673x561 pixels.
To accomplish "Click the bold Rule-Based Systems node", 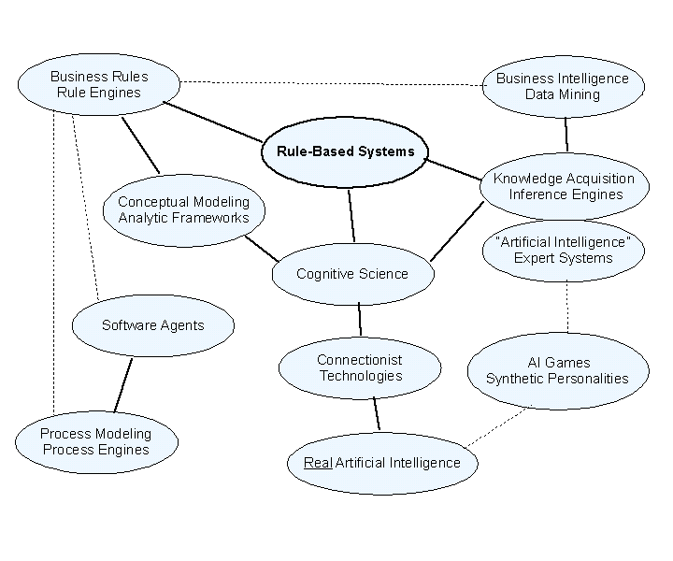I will pyautogui.click(x=345, y=151).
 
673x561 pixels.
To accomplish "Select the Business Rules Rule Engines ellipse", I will pyautogui.click(x=99, y=84).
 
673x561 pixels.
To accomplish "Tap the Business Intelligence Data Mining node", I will pyautogui.click(x=562, y=86).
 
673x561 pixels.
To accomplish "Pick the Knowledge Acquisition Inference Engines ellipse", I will pyautogui.click(x=564, y=186).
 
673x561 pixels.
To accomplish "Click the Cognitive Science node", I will pyautogui.click(x=352, y=274).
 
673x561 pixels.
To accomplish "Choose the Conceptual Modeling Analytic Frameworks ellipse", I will pyautogui.click(x=183, y=209).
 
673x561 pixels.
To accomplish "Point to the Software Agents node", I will pyautogui.click(x=152, y=325).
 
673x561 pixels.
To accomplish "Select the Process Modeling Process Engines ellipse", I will pyautogui.click(x=96, y=441).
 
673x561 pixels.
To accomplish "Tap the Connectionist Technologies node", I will pyautogui.click(x=359, y=367).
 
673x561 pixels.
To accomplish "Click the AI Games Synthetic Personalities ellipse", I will pyautogui.click(x=557, y=370).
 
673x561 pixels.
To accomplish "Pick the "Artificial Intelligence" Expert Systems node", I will pyautogui.click(x=563, y=251).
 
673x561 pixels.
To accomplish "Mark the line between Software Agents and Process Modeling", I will pyautogui.click(x=123, y=384).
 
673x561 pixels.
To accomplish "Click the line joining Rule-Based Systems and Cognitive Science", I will pyautogui.click(x=351, y=215).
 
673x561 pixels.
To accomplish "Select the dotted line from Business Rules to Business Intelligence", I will pyautogui.click(x=332, y=83).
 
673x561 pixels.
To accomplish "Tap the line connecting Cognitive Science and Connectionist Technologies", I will pyautogui.click(x=360, y=320).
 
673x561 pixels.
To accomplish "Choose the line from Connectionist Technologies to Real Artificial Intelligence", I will pyautogui.click(x=376, y=413).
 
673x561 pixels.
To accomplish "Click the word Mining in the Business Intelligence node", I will pyautogui.click(x=580, y=94).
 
